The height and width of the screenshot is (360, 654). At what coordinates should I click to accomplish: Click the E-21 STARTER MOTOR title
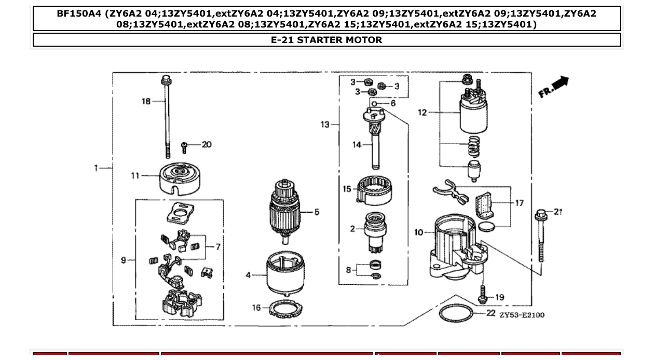pyautogui.click(x=326, y=40)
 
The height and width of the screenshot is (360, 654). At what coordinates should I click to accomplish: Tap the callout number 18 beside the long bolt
pyautogui.click(x=146, y=101)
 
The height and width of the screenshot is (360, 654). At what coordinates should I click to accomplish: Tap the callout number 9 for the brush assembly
pyautogui.click(x=124, y=260)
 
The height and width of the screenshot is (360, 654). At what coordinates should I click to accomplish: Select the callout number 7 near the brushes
pyautogui.click(x=217, y=246)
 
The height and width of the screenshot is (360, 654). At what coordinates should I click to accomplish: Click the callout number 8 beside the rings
pyautogui.click(x=348, y=270)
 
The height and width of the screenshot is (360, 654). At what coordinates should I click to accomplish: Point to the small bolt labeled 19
pyautogui.click(x=482, y=295)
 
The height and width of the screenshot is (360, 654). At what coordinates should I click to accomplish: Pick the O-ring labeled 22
pyautogui.click(x=456, y=313)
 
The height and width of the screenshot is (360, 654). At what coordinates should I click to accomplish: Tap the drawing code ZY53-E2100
pyautogui.click(x=522, y=315)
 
